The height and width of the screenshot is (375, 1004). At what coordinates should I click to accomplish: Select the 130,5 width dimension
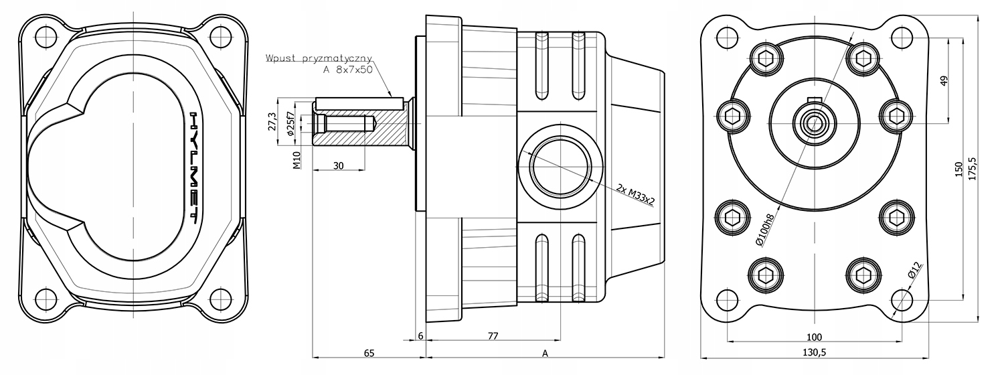tap(814, 352)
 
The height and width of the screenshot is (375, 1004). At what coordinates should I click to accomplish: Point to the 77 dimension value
tap(493, 337)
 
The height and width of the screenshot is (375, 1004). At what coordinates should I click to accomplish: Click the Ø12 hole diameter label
tap(914, 271)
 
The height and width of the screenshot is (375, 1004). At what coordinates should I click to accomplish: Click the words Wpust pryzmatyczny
tap(319, 58)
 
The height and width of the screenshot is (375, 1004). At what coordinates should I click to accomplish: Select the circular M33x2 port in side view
tap(560, 165)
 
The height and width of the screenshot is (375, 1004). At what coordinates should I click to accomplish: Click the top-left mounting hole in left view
tap(46, 34)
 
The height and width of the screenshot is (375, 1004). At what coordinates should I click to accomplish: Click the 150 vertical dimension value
tap(958, 169)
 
